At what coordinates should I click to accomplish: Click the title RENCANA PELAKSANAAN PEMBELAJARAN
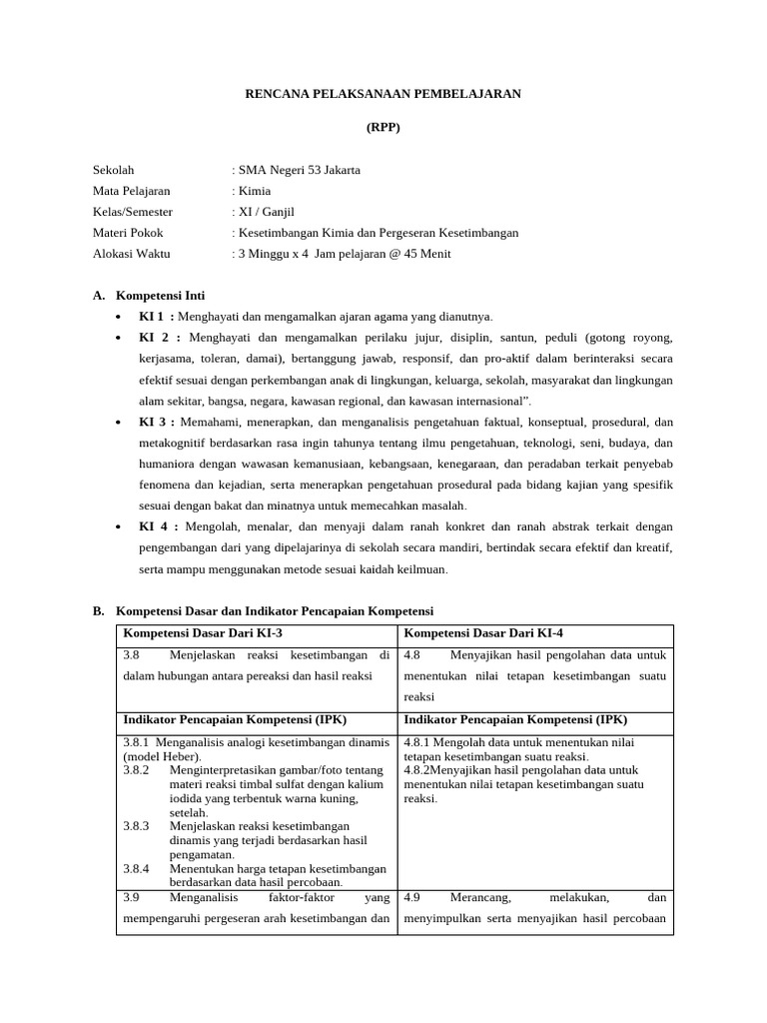click(x=383, y=93)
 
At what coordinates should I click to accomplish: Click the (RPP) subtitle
click(x=383, y=128)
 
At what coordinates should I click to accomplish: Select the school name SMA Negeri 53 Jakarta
click(x=299, y=170)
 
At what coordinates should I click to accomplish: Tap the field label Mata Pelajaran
click(x=131, y=191)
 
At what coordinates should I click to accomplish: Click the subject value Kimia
click(x=254, y=191)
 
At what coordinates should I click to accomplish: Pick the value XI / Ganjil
click(x=266, y=212)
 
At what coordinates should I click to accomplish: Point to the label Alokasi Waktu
click(x=131, y=254)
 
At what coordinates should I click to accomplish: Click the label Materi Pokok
click(x=127, y=233)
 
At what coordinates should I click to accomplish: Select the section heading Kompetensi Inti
click(x=161, y=296)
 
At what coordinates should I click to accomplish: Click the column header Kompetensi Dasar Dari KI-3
click(x=203, y=633)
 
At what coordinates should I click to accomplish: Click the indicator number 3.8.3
click(x=136, y=826)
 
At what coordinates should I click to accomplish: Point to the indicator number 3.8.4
click(x=136, y=868)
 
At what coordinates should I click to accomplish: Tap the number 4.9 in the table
click(x=411, y=897)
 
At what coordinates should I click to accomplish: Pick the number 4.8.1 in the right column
click(x=420, y=742)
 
